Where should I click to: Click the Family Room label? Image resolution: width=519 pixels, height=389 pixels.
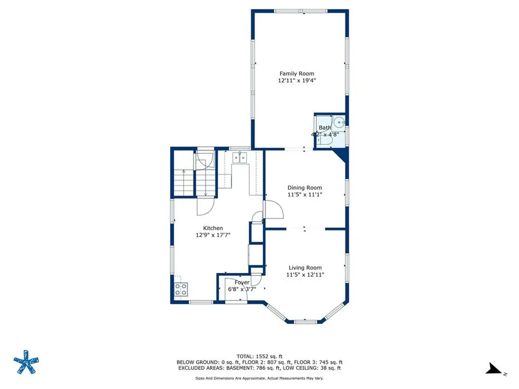pyautogui.click(x=296, y=73)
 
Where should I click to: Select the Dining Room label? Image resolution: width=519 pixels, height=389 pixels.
pyautogui.click(x=305, y=187)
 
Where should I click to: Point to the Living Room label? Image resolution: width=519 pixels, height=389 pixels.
pyautogui.click(x=305, y=267)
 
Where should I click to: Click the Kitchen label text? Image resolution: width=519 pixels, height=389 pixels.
pyautogui.click(x=213, y=228)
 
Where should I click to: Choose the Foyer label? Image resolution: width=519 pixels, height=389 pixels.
pyautogui.click(x=242, y=282)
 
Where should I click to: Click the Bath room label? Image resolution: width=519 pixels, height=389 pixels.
pyautogui.click(x=324, y=128)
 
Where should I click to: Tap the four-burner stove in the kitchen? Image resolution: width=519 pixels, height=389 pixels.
pyautogui.click(x=181, y=289)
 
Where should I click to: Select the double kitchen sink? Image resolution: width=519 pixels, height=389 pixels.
pyautogui.click(x=239, y=158)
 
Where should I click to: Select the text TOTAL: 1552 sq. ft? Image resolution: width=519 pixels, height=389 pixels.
pyautogui.click(x=259, y=356)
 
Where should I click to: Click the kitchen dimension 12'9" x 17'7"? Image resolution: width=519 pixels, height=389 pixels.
pyautogui.click(x=213, y=235)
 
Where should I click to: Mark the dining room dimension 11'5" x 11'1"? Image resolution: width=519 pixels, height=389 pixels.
pyautogui.click(x=305, y=194)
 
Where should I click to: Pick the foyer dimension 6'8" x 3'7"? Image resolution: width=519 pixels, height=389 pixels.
pyautogui.click(x=242, y=289)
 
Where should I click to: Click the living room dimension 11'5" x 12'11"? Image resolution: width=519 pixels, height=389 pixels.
pyautogui.click(x=305, y=275)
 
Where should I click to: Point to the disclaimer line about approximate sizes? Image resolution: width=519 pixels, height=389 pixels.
pyautogui.click(x=259, y=378)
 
